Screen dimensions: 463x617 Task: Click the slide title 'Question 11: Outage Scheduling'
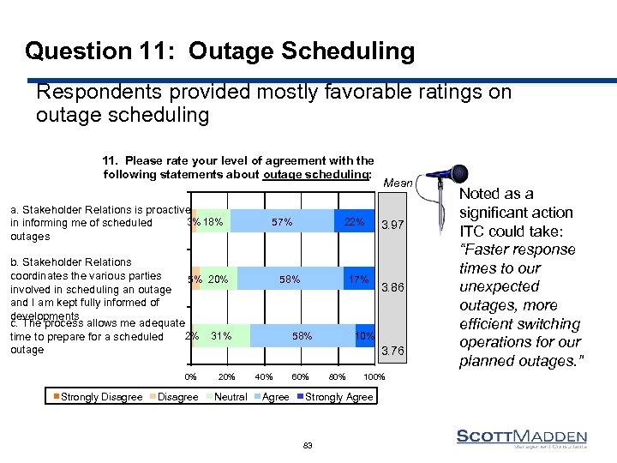pos(219,51)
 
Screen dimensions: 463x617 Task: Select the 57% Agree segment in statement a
pos(282,222)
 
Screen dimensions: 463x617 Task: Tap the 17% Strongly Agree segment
pos(358,280)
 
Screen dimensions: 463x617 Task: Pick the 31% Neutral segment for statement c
pos(222,336)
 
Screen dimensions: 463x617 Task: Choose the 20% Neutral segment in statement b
pos(219,280)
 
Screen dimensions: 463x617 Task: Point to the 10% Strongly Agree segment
pos(364,336)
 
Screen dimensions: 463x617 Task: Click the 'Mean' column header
pos(398,183)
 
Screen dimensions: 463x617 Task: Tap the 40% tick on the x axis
pos(264,378)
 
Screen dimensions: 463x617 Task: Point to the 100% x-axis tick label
pos(374,378)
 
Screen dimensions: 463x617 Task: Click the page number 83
pos(308,445)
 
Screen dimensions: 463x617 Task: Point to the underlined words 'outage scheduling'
pos(317,175)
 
